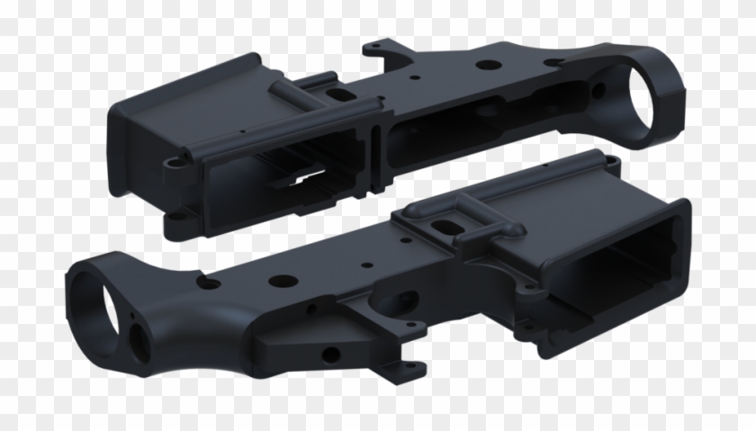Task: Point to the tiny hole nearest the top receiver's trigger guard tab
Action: [413, 77]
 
